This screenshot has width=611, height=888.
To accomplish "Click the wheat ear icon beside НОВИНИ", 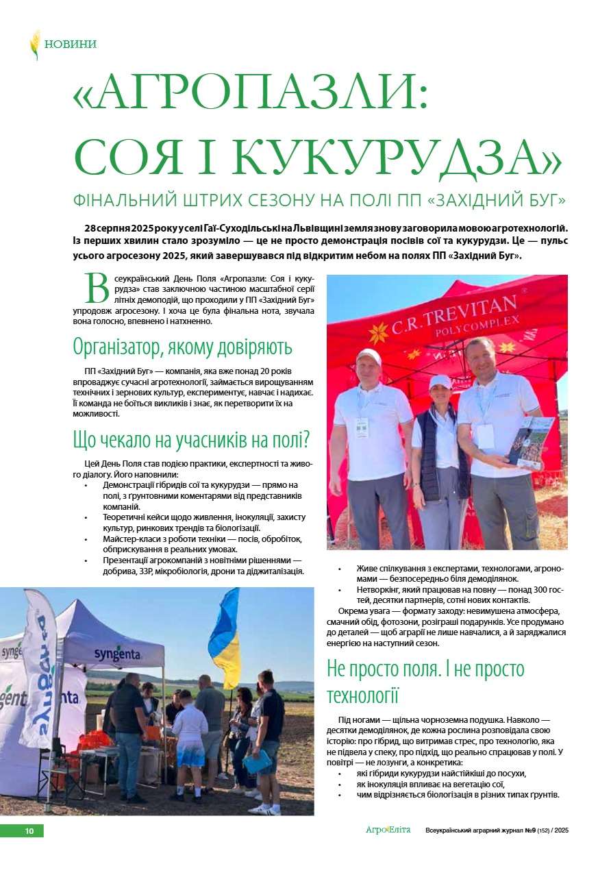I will (34, 45).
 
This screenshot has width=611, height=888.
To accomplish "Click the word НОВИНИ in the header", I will (71, 45).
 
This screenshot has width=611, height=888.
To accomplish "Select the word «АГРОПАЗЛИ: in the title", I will (251, 95).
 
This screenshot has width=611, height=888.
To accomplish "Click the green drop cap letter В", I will (96, 288).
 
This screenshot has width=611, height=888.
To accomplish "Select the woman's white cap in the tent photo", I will (440, 381).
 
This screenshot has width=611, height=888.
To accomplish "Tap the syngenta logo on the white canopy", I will (118, 653).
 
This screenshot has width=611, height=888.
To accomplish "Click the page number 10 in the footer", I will (29, 831).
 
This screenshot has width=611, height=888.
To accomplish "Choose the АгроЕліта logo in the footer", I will (388, 830).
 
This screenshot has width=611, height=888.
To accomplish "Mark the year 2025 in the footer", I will (562, 830).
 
